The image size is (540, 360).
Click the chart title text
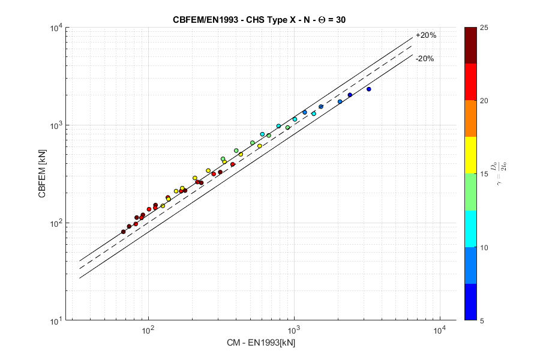[259, 19]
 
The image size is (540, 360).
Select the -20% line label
[425, 59]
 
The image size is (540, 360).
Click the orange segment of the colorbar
[471, 118]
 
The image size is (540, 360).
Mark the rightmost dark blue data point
[369, 89]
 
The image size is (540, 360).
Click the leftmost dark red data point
[124, 232]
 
